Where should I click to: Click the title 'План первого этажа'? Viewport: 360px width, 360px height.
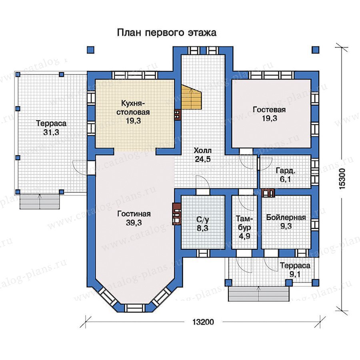[x=167, y=33]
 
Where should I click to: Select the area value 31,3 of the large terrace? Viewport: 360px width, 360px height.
[x=51, y=132]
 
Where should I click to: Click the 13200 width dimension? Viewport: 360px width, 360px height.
[x=203, y=322]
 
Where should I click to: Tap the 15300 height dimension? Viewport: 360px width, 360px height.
[x=342, y=179]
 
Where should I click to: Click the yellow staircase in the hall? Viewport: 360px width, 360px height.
[x=192, y=97]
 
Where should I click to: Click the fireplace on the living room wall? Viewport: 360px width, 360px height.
[x=176, y=214]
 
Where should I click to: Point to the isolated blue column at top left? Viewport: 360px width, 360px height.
[x=91, y=50]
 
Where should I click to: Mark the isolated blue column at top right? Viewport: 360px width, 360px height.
[x=316, y=50]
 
